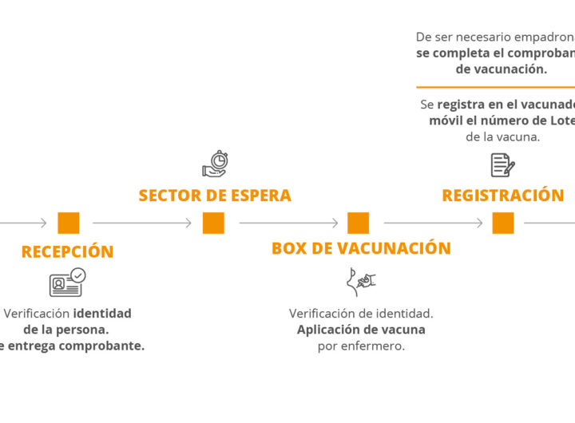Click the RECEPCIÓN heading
(x=67, y=252)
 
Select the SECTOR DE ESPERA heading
(x=214, y=196)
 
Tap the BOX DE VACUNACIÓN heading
(x=361, y=248)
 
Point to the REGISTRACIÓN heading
(x=502, y=196)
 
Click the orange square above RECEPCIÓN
(x=69, y=223)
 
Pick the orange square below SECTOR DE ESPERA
(x=213, y=223)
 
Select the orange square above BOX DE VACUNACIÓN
(x=359, y=223)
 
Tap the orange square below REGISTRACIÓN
(x=503, y=223)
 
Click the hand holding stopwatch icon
(x=215, y=164)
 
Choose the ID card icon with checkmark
(x=67, y=283)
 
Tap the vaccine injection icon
(x=361, y=282)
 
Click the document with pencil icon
(x=502, y=164)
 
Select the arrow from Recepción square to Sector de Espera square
(x=142, y=223)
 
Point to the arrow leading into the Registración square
(x=433, y=223)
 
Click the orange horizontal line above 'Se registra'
(x=495, y=87)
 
